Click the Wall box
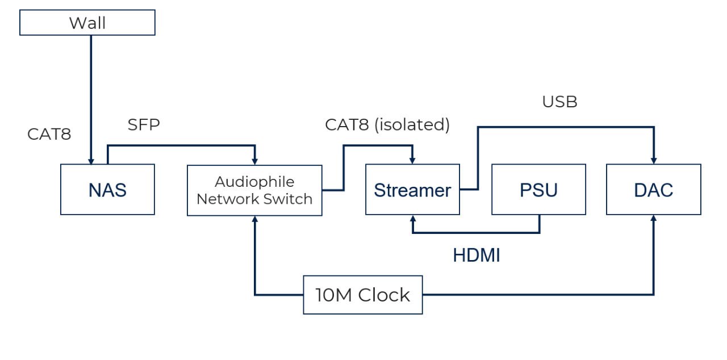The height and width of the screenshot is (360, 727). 87,22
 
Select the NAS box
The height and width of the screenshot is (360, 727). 107,190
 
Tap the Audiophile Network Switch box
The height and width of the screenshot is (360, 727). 255,190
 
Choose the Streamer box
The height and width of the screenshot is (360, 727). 412,190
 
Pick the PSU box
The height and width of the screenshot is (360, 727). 539,190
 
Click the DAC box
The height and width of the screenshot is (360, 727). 654,190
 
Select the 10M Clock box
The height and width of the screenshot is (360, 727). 363,295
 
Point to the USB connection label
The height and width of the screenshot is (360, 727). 560,102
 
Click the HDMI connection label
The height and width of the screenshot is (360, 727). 477,256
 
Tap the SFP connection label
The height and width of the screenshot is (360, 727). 144,124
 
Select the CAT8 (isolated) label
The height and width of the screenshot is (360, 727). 387,125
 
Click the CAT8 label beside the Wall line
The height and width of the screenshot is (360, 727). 49,134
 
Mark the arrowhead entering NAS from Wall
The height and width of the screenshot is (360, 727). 91,161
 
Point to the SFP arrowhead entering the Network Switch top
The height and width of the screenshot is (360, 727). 255,161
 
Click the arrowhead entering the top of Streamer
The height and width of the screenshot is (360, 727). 412,161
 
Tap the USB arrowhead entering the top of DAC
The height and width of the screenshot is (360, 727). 654,161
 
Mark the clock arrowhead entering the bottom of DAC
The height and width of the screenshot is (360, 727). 654,218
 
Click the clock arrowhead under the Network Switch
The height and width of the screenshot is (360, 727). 255,219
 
